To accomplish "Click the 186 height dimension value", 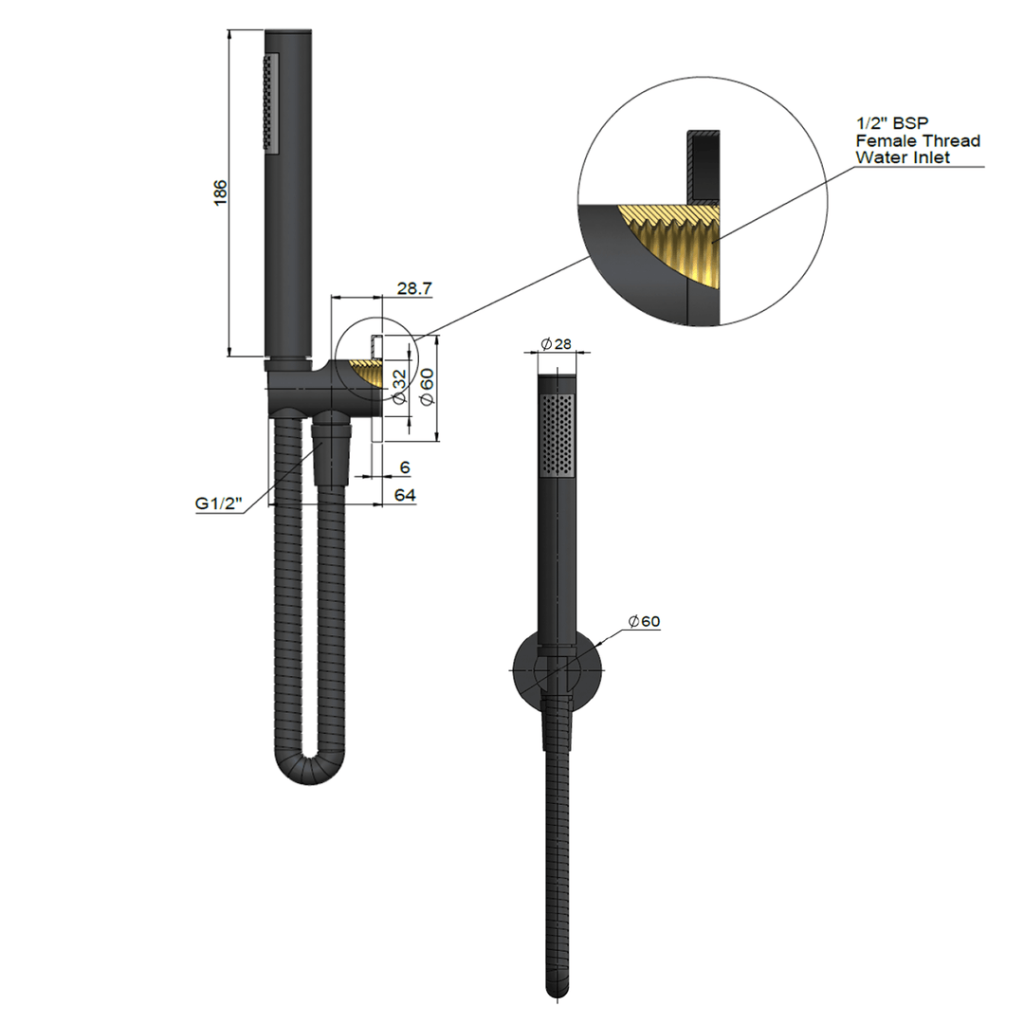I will point(221,193).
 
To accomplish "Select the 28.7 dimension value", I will point(414,288).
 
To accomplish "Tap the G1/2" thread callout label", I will point(217,503).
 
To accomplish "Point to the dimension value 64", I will point(405,495).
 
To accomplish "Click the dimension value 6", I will point(405,467).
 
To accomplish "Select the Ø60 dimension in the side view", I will point(427,387).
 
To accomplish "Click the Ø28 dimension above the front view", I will point(556,344).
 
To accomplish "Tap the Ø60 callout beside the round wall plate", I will point(644,621).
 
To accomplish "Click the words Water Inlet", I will point(903,157).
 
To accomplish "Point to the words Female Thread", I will point(917,140).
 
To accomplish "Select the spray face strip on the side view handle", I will point(272,101).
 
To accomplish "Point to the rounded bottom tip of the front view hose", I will point(558,991).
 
